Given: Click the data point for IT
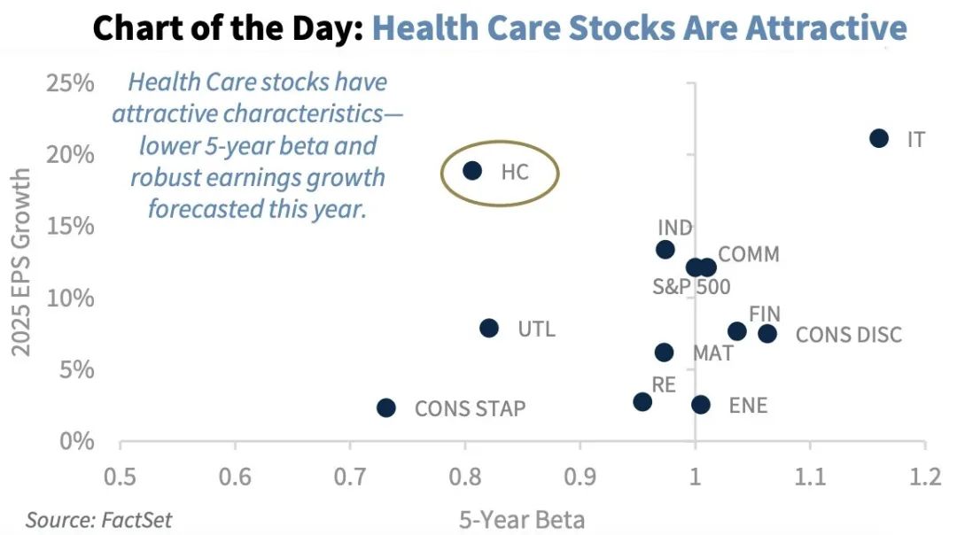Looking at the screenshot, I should coord(879,138).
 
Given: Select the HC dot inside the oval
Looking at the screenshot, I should coord(472,170).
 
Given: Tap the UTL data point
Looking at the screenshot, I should coord(489,329).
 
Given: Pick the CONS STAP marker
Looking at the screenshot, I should coord(385,407).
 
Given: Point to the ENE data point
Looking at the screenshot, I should coord(701,405).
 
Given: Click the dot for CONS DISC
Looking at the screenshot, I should coord(767,334).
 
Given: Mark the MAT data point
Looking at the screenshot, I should coord(664,353).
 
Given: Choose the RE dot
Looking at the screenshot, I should coord(642,402).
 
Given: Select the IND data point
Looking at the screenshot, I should coord(665,250).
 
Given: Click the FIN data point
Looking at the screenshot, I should coord(737,331).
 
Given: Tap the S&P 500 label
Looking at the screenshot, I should coord(691,287).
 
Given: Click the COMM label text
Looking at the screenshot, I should coord(749,255).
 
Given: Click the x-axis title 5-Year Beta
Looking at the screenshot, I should coord(522,518).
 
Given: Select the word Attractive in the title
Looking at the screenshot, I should coord(826,28).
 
